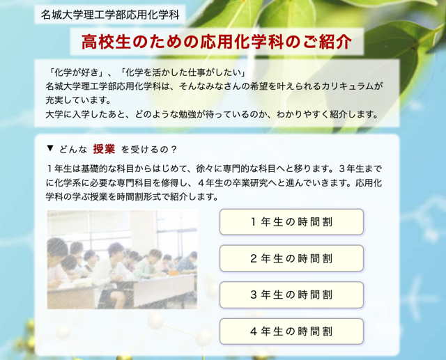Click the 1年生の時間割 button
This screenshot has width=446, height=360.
point(291,222)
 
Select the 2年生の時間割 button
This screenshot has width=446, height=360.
point(291,258)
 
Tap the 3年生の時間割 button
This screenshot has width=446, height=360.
point(291,295)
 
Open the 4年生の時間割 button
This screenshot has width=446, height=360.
point(291,331)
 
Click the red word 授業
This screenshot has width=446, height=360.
point(104,149)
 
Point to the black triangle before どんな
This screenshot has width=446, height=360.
point(50,148)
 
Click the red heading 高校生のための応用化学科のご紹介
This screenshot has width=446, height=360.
point(217,42)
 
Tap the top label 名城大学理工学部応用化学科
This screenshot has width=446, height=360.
point(110,15)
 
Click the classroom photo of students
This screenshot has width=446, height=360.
point(122,260)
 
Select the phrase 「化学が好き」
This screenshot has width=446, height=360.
point(75,72)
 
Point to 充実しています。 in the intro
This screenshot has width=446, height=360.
point(78,100)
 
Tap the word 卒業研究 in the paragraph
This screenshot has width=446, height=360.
point(250,182)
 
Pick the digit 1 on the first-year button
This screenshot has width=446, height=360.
point(254,222)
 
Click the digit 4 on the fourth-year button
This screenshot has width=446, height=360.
point(254,331)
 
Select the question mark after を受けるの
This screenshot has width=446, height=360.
point(174,150)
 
